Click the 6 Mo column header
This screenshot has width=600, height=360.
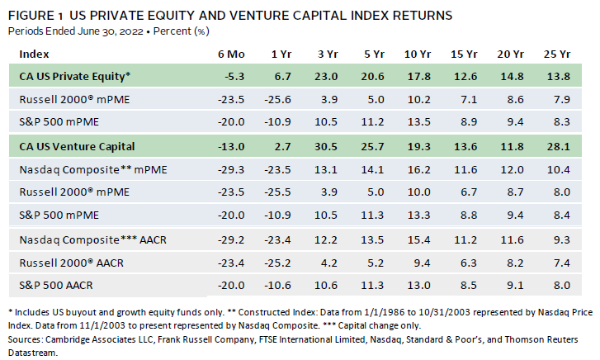231,54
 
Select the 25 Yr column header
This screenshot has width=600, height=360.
557,54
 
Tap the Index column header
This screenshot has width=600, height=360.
34,54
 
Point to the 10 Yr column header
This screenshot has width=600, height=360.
418,54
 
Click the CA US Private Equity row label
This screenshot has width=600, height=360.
75,76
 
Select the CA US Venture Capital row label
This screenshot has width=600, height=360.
77,146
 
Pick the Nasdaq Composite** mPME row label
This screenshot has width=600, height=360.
93,169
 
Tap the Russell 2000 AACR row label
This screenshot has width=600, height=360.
72,263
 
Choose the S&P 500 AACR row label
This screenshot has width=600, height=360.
56,286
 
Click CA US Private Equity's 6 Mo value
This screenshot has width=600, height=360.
234,76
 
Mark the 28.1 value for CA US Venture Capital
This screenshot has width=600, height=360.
558,146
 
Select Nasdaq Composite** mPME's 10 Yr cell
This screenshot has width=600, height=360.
419,169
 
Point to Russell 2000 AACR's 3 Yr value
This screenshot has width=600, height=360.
329,263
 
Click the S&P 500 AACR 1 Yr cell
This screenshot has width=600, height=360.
277,286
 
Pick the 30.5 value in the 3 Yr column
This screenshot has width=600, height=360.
326,146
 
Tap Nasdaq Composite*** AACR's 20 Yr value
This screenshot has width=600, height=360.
513,239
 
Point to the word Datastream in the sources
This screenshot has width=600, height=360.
32,353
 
